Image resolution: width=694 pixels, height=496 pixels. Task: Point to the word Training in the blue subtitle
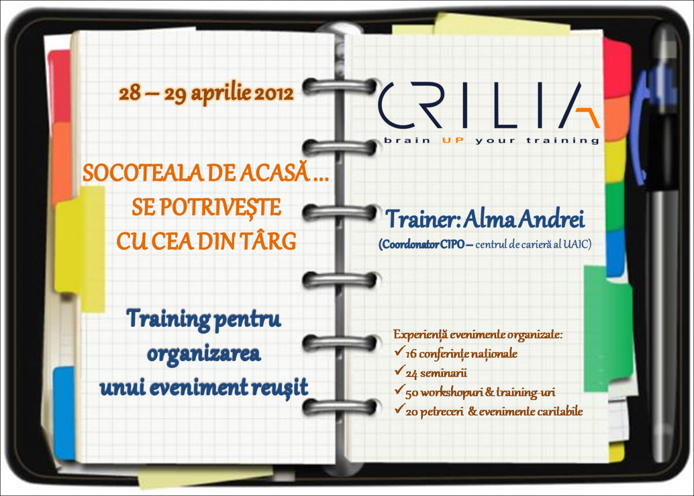click(x=168, y=319)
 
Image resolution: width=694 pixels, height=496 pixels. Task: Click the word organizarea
click(x=204, y=355)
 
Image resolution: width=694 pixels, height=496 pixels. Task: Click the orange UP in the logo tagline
click(x=453, y=140)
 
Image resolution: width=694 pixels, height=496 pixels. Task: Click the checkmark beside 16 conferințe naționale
click(x=400, y=352)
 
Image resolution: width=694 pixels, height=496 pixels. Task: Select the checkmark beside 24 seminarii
click(x=400, y=371)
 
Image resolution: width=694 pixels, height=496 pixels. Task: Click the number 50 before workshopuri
click(x=412, y=394)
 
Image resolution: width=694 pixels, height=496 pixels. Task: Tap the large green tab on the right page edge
click(x=608, y=329)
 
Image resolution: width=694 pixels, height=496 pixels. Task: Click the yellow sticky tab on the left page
click(x=80, y=248)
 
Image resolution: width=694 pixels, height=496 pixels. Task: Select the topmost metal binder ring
click(x=339, y=86)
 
